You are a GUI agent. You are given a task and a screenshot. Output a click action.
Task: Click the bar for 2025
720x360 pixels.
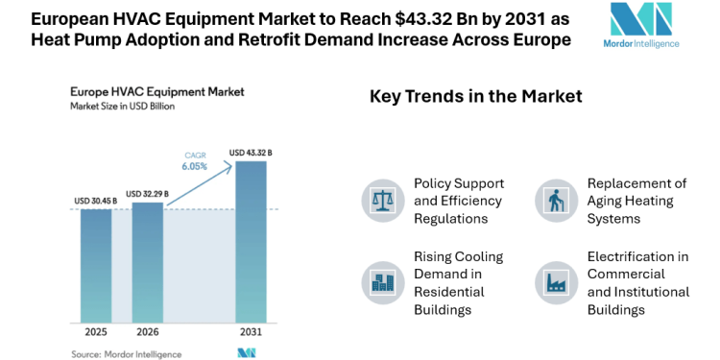95,264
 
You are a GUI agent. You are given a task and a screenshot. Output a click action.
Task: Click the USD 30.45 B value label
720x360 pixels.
95,201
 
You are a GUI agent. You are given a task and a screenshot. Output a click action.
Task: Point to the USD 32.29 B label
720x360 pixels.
147,193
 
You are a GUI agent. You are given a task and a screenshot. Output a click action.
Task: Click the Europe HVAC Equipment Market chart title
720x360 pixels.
156,91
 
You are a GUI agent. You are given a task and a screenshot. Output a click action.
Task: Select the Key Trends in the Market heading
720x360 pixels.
476,97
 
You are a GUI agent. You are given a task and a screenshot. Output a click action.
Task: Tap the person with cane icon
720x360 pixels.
554,200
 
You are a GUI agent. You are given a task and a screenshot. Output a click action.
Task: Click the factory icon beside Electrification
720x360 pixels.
554,282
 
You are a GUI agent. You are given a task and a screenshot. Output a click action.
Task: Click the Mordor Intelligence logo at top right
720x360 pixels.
645,26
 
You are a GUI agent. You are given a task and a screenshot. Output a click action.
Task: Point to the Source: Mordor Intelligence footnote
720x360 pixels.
126,352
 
